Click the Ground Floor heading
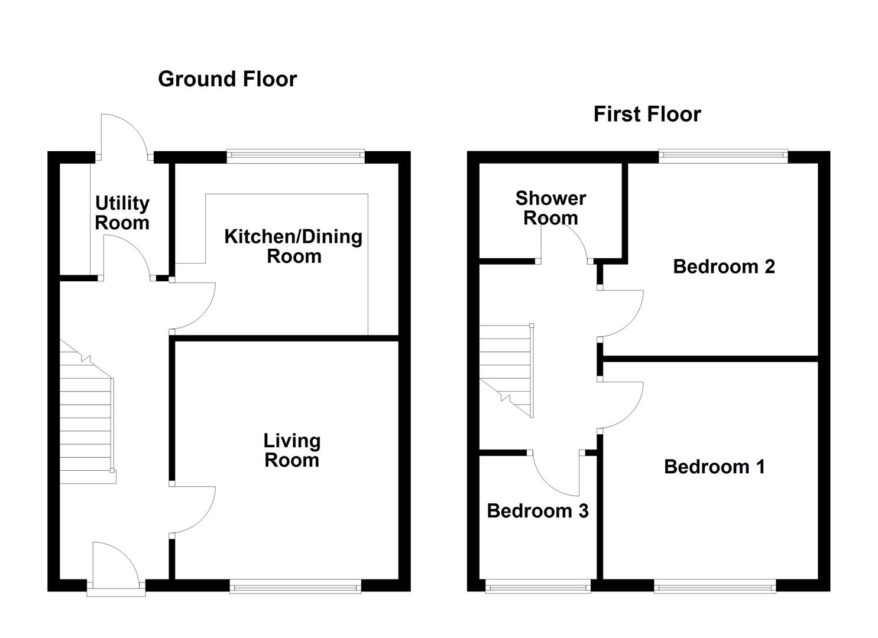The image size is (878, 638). click(x=228, y=79)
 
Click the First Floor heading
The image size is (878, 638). click(x=647, y=115)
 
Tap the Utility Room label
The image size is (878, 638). click(x=122, y=213)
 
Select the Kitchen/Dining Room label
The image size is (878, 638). click(x=294, y=246)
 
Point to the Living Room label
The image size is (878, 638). click(x=292, y=450)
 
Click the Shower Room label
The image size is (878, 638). click(x=550, y=208)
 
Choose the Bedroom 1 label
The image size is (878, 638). click(x=715, y=467)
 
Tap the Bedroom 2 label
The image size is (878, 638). click(x=724, y=266)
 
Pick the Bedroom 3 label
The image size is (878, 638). click(x=538, y=511)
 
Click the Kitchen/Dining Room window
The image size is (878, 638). click(x=296, y=157)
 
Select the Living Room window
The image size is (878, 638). click(x=296, y=586)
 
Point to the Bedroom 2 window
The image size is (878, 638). click(x=723, y=156)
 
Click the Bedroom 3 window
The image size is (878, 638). click(x=538, y=586)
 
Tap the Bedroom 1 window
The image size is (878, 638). click(x=715, y=586)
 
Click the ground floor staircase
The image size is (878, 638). click(x=87, y=411)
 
